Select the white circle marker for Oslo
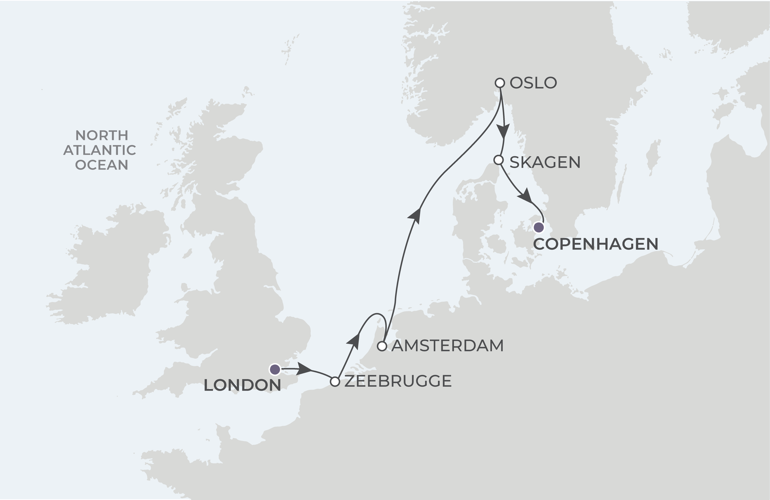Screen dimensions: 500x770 500,83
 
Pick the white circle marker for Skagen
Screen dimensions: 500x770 499,160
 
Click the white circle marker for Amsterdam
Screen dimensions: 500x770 382,346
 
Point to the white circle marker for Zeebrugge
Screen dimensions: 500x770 335,382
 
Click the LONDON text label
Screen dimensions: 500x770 242,385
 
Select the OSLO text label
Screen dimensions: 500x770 533,83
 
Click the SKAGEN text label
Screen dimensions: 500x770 545,162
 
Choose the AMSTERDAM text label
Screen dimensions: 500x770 448,346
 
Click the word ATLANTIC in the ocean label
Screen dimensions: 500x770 100,150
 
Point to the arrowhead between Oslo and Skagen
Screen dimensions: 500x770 503,132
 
